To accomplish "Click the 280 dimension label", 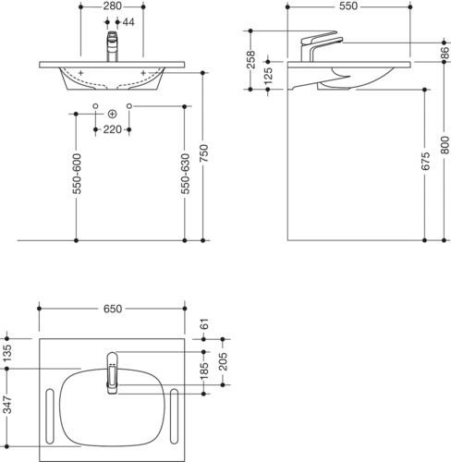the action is point(112,6).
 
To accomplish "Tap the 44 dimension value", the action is point(128,22).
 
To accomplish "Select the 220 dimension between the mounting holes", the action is point(112,129).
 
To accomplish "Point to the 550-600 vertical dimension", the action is point(77,174).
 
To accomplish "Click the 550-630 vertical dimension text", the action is point(185,174).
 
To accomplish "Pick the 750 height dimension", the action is point(203,153).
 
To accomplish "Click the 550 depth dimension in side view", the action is point(348,6).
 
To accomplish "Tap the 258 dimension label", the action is point(251,59).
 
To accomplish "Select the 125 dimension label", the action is point(268,76).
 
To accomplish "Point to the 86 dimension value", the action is point(445,53).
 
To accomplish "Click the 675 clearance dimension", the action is point(425,161).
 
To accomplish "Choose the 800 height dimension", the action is point(445,145).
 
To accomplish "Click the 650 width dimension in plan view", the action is point(113,309).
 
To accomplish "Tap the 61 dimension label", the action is point(204,324).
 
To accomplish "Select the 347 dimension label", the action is point(7,405).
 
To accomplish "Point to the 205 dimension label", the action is point(223,361).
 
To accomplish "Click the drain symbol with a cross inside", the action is point(113,114).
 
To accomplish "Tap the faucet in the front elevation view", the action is point(113,46).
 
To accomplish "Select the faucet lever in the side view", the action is point(319,37).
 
